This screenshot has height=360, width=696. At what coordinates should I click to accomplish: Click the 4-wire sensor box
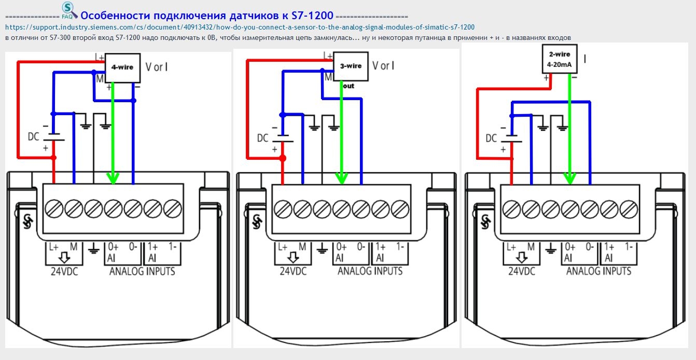pos(122,67)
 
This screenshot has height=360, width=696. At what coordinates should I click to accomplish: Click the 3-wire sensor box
pos(351,66)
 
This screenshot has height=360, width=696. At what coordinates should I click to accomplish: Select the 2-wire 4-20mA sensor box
pos(559,59)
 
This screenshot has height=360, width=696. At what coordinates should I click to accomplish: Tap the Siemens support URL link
pos(240,27)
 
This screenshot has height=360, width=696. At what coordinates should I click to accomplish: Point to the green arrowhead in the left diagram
pos(113,178)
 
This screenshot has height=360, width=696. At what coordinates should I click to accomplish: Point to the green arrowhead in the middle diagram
pos(341,178)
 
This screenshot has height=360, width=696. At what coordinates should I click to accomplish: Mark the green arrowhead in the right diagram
pos(569,178)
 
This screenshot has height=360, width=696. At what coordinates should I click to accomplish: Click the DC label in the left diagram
pos(34,137)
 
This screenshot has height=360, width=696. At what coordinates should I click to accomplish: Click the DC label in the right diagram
pos(491,139)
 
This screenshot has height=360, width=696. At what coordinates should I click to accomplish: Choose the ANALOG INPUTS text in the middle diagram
pos(370,271)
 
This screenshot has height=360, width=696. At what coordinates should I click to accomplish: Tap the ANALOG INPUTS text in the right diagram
pos(598,271)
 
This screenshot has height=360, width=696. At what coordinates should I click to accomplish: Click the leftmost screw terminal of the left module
pos(54,209)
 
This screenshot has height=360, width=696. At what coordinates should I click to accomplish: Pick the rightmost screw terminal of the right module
pos(629,209)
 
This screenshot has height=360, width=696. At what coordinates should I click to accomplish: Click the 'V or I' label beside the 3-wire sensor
pos(383,66)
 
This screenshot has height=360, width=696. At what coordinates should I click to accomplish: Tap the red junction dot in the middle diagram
pos(283,158)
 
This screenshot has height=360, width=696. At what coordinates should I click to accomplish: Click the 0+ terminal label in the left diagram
pos(114,247)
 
